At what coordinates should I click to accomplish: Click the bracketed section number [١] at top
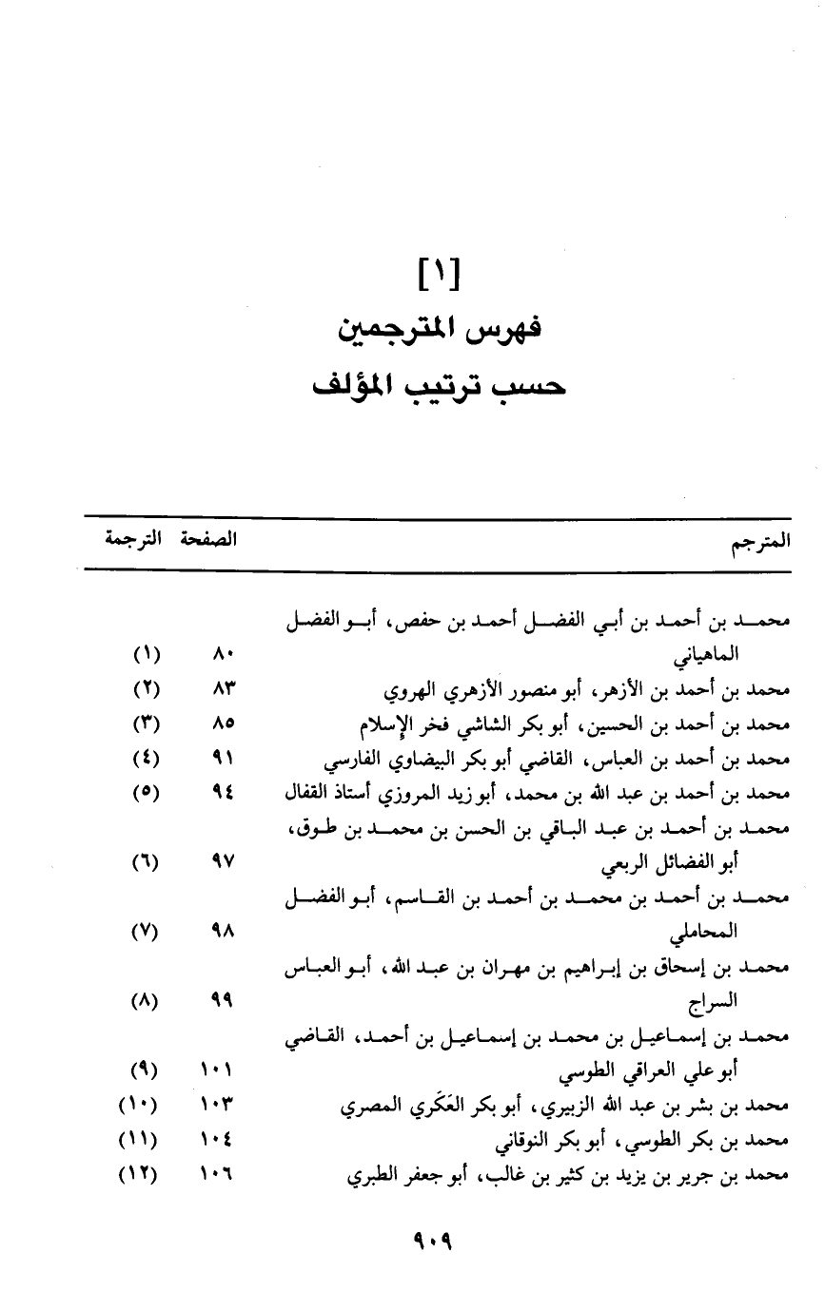[439, 278]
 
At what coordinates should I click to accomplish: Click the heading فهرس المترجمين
[438, 333]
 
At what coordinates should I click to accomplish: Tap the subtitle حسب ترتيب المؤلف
[439, 387]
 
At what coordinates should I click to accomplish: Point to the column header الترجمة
[132, 540]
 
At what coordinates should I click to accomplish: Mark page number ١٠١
[218, 1071]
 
